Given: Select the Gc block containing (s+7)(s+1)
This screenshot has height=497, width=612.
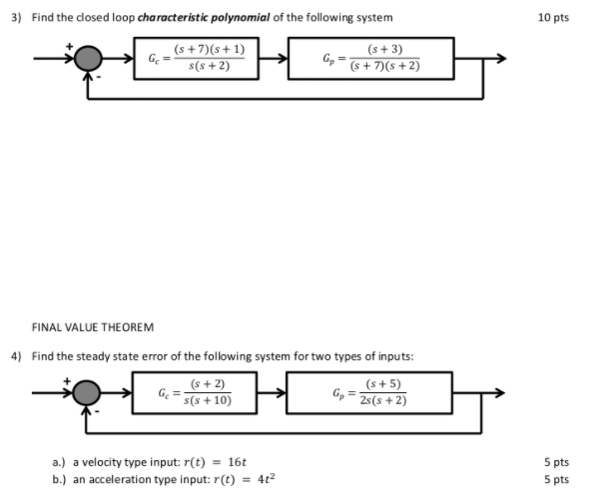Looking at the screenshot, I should [196, 58].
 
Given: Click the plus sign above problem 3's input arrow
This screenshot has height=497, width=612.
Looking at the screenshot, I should [69, 45].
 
